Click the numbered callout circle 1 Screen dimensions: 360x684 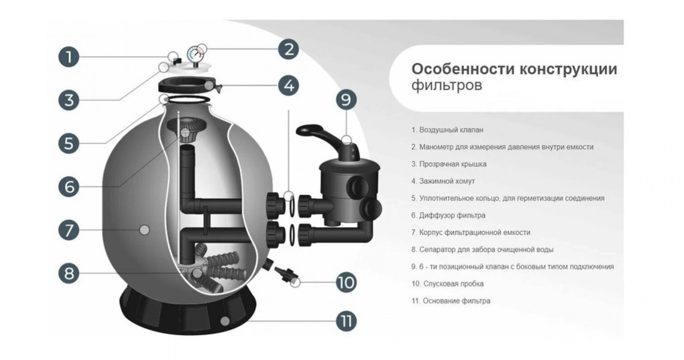[x=69, y=57]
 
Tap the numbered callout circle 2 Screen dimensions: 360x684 [x=289, y=49]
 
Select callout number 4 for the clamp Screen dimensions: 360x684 [x=289, y=85]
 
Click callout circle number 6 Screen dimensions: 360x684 [x=69, y=187]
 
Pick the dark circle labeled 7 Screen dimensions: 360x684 [x=69, y=230]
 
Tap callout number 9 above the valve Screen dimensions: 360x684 [x=345, y=100]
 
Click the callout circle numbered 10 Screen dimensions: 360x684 [x=345, y=282]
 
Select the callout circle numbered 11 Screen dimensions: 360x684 [x=345, y=321]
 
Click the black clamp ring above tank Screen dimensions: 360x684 [x=188, y=85]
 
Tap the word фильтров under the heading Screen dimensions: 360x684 [x=447, y=85]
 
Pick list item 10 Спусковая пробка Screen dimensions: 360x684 [x=448, y=283]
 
